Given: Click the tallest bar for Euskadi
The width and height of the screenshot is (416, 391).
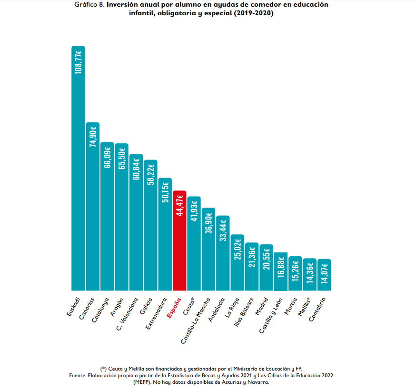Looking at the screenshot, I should (78, 190).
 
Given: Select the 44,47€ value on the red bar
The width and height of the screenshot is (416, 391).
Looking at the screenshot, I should (179, 205).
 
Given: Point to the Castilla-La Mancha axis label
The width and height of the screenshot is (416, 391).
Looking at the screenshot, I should (196, 320).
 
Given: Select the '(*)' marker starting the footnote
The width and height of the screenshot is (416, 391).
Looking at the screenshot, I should (103, 369).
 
